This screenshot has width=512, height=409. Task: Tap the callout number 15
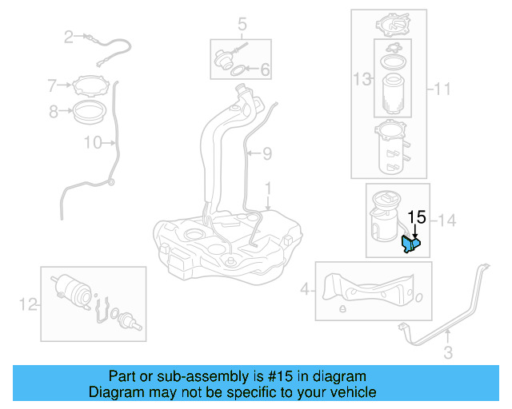[x=417, y=216]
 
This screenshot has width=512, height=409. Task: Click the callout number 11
[x=443, y=90]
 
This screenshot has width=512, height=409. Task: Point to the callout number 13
[x=362, y=78]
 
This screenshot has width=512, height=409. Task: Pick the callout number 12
[x=28, y=304]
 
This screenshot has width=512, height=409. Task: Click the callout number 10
[x=93, y=143]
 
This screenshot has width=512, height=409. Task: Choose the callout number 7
[x=53, y=85]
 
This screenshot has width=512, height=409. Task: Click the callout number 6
[x=264, y=70]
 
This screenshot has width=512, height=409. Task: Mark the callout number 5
[x=242, y=26]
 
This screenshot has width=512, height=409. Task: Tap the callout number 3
[x=448, y=351]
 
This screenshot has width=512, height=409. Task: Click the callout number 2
[x=69, y=36]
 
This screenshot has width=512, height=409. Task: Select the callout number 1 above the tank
[x=269, y=191]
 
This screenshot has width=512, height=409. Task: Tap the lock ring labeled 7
[x=89, y=85]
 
